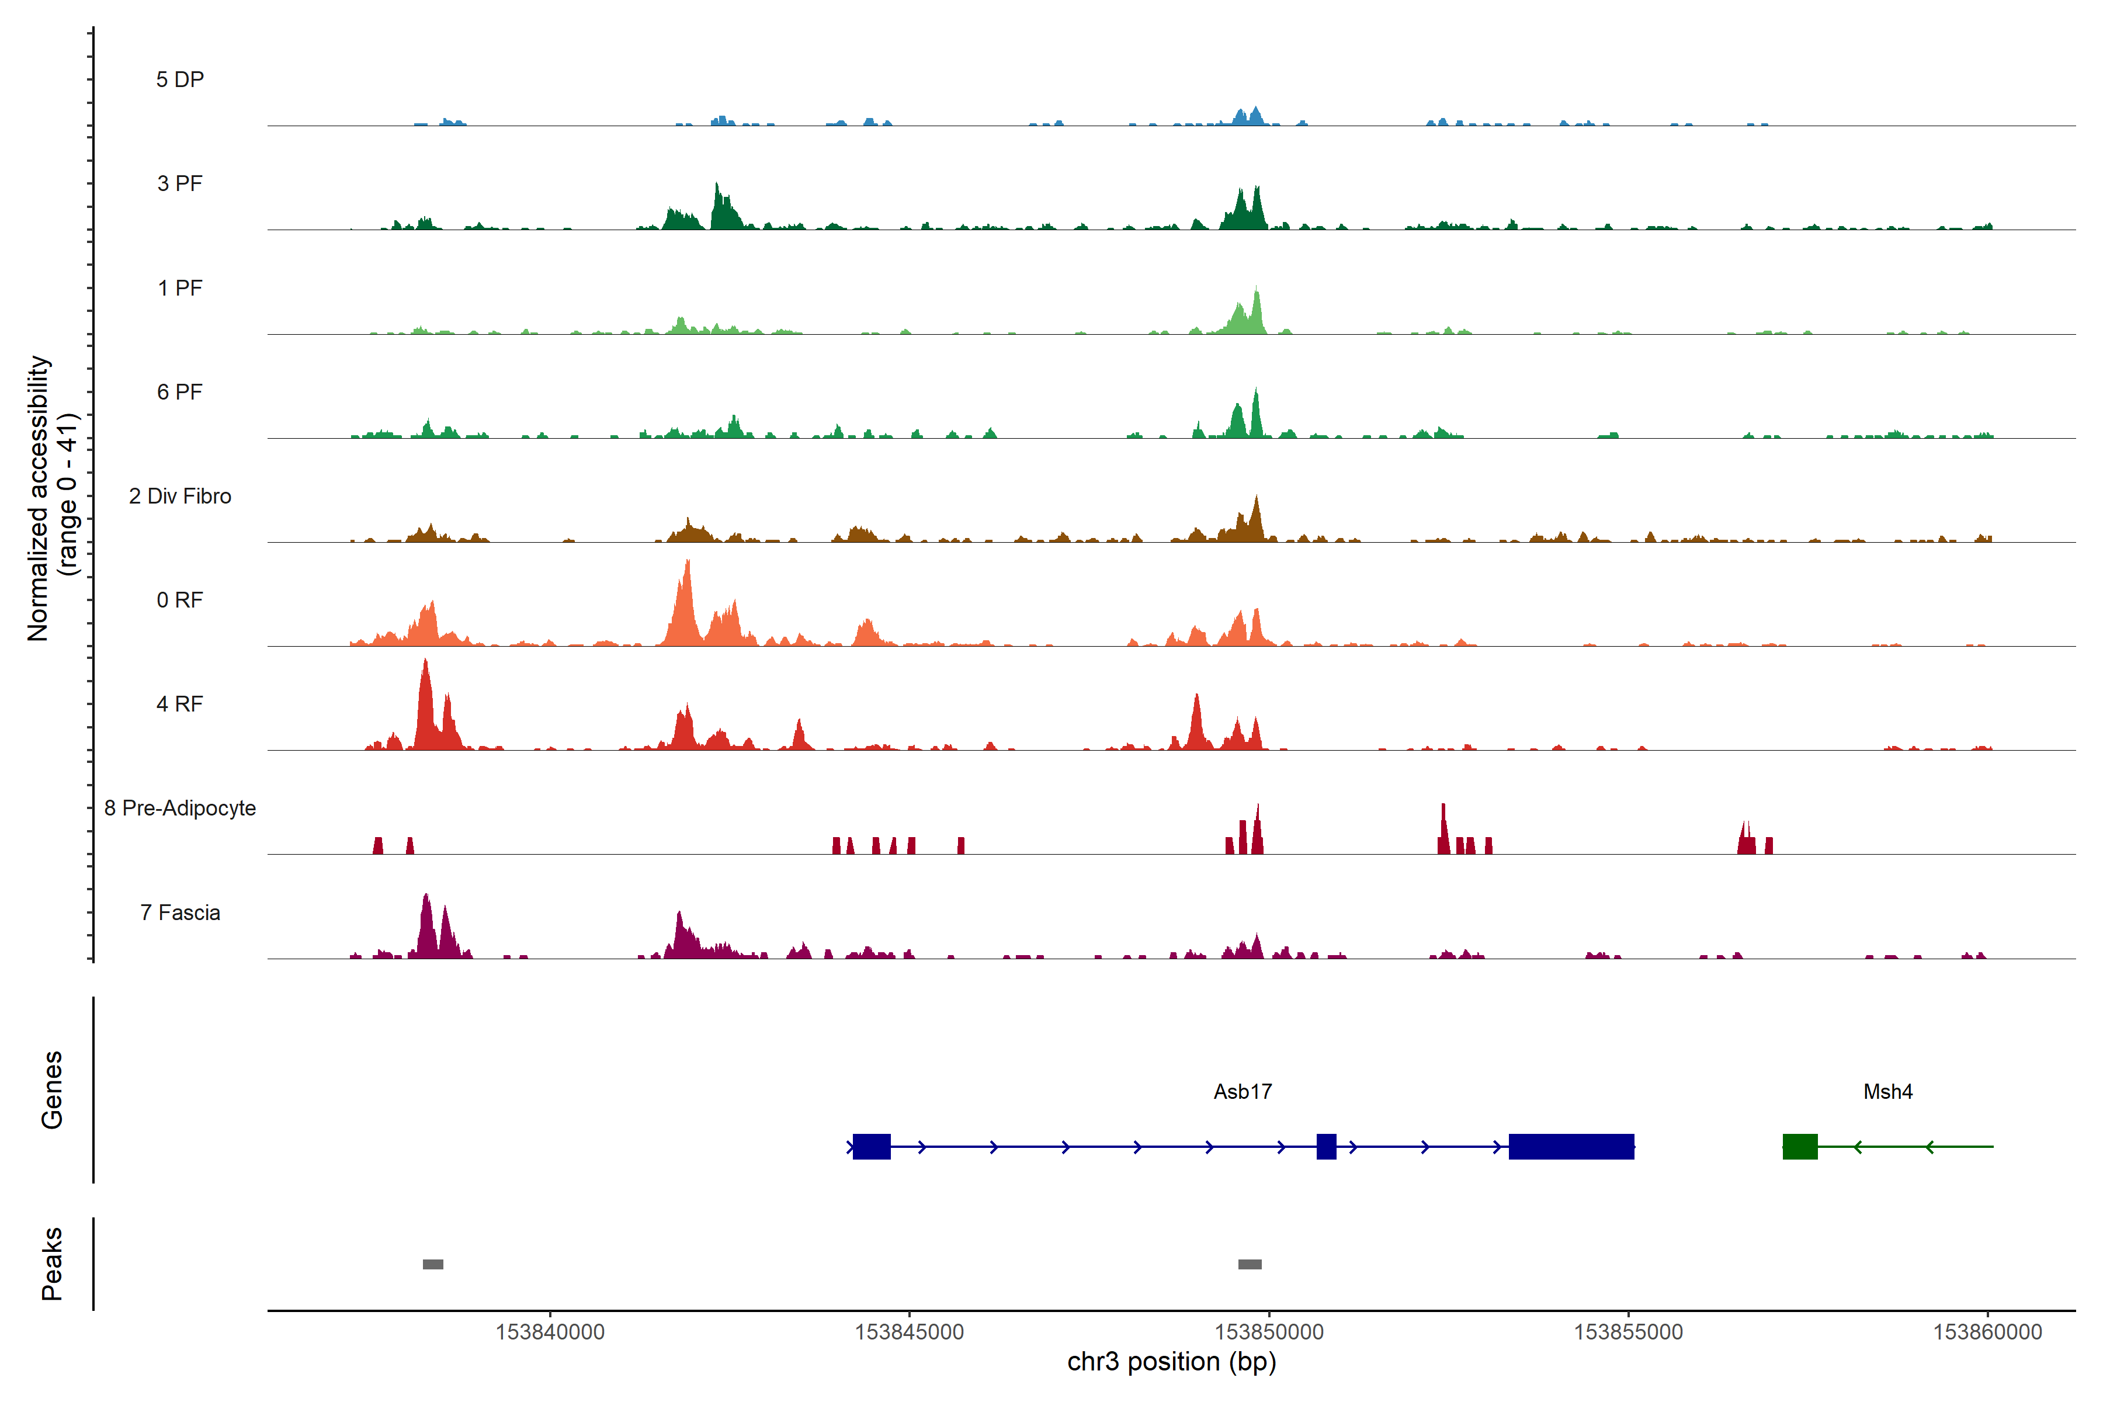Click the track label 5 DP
[x=180, y=79]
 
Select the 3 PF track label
[x=180, y=183]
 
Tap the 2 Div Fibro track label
[x=180, y=496]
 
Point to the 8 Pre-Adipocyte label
[x=180, y=808]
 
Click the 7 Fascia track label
[x=180, y=913]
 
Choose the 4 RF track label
[x=180, y=705]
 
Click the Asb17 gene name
[x=1242, y=1092]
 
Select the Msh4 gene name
[x=1887, y=1092]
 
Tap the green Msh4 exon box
[x=1800, y=1146]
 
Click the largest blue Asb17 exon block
[x=1571, y=1146]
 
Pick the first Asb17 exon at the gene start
[x=871, y=1146]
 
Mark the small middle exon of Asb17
[x=1326, y=1146]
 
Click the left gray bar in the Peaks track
[x=433, y=1264]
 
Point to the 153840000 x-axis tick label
[x=550, y=1332]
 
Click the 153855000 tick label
[x=1628, y=1332]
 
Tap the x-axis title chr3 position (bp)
[x=1171, y=1362]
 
